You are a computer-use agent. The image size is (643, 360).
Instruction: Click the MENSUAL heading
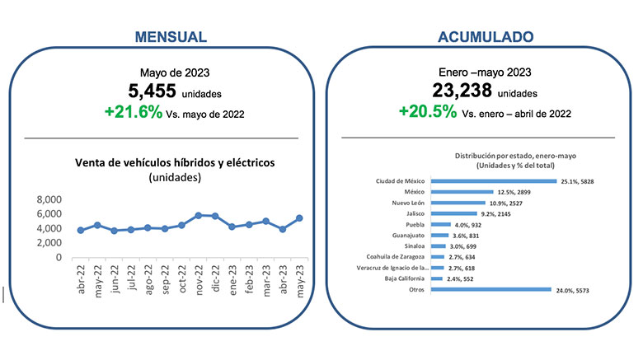click(171, 37)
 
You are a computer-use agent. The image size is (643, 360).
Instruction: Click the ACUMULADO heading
click(485, 37)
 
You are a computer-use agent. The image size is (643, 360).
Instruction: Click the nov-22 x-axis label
click(199, 281)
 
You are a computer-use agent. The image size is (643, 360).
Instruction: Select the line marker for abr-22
click(80, 230)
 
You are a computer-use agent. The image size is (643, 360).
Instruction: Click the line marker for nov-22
click(199, 216)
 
